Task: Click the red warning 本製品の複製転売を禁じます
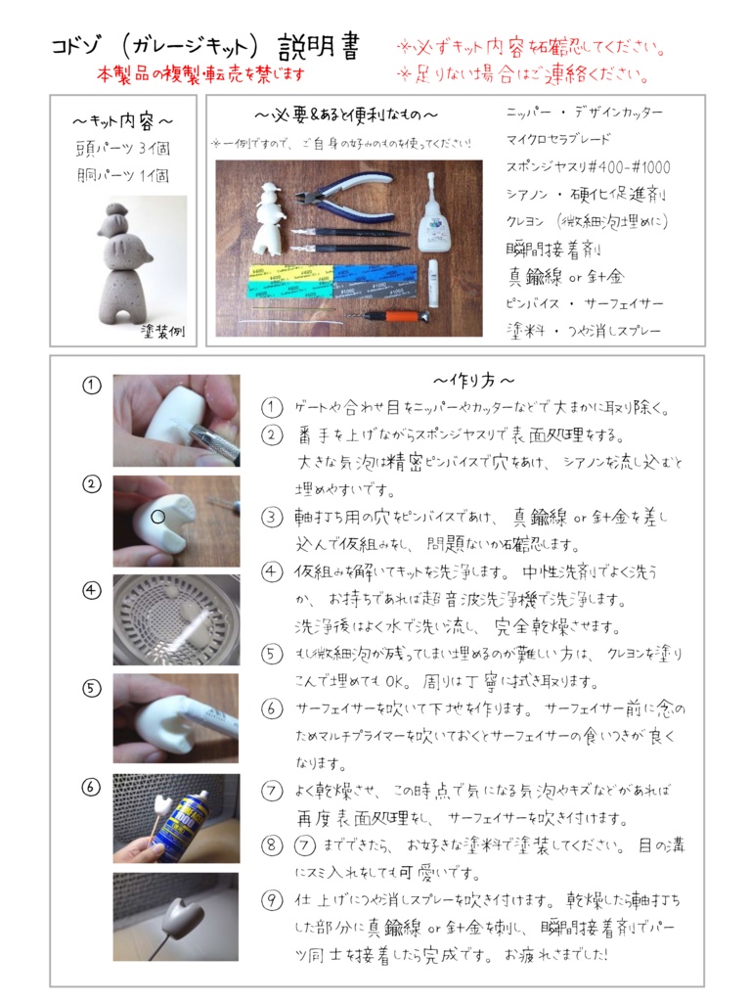[x=200, y=73]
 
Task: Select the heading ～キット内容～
[x=123, y=121]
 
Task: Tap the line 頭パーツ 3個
[x=123, y=149]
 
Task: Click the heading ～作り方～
[x=473, y=380]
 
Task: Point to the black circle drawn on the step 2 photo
[x=158, y=515]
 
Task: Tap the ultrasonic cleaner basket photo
[x=175, y=619]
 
